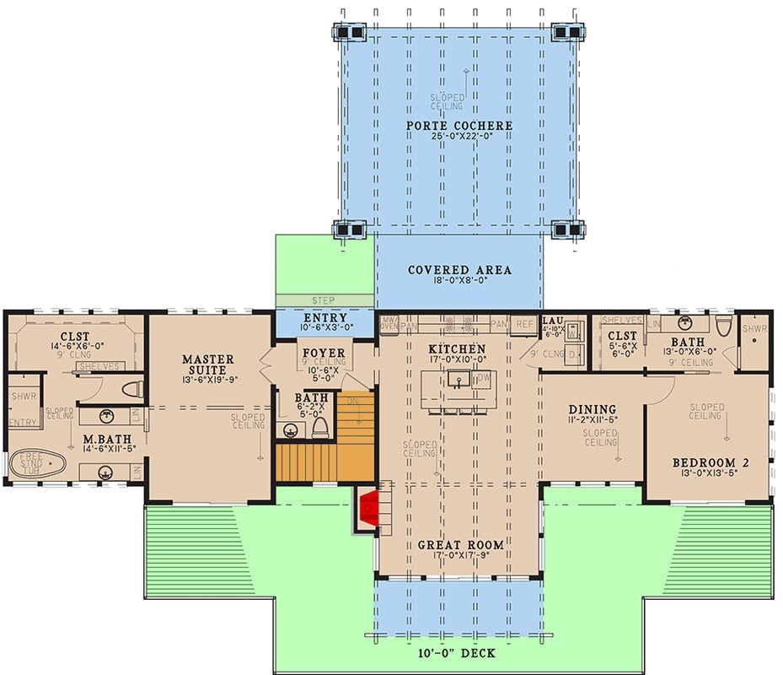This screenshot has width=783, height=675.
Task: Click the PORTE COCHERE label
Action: [459, 127]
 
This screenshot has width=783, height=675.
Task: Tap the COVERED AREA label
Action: [459, 270]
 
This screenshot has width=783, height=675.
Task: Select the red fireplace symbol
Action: [368, 509]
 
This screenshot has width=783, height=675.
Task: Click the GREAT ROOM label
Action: [460, 545]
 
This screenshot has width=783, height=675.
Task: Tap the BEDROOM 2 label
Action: [711, 463]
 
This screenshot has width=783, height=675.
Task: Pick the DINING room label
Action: [592, 409]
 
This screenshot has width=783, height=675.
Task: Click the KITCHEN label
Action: [456, 348]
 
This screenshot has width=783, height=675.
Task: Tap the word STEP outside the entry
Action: [323, 300]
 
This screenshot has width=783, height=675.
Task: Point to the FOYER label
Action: [322, 353]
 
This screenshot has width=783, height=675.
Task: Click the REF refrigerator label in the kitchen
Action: [524, 323]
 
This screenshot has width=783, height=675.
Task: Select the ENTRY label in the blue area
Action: [321, 317]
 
